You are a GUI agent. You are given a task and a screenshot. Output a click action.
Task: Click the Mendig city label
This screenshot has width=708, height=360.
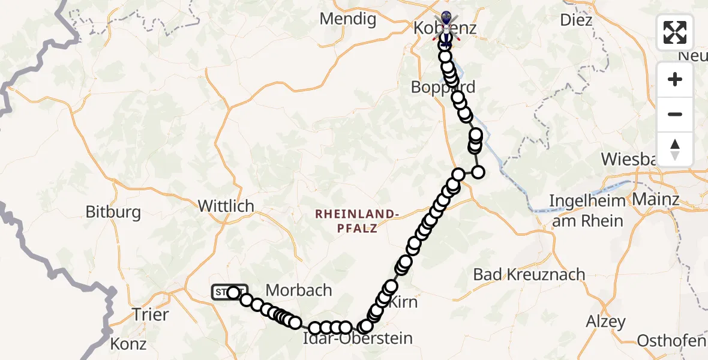point(348,19)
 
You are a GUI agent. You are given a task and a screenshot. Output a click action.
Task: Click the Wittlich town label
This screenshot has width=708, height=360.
point(226,206)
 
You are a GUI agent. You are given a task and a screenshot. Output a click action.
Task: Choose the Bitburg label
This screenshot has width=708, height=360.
point(113,212)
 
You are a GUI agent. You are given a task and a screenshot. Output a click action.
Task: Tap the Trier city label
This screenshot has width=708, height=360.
point(150,314)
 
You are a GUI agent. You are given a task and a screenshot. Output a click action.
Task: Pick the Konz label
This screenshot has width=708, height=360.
point(128,344)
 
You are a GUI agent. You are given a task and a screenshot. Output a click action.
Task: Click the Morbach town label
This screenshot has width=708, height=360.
point(299,290)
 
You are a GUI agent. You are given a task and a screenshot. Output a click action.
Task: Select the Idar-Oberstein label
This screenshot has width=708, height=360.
point(358,338)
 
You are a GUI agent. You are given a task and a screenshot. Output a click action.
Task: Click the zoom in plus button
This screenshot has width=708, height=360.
point(675,80)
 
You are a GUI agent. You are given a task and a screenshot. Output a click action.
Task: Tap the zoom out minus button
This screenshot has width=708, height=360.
point(675,115)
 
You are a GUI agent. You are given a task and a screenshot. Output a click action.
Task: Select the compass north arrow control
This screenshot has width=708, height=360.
point(675,149)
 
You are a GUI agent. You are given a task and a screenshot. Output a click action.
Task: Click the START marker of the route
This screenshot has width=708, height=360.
point(228,292)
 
